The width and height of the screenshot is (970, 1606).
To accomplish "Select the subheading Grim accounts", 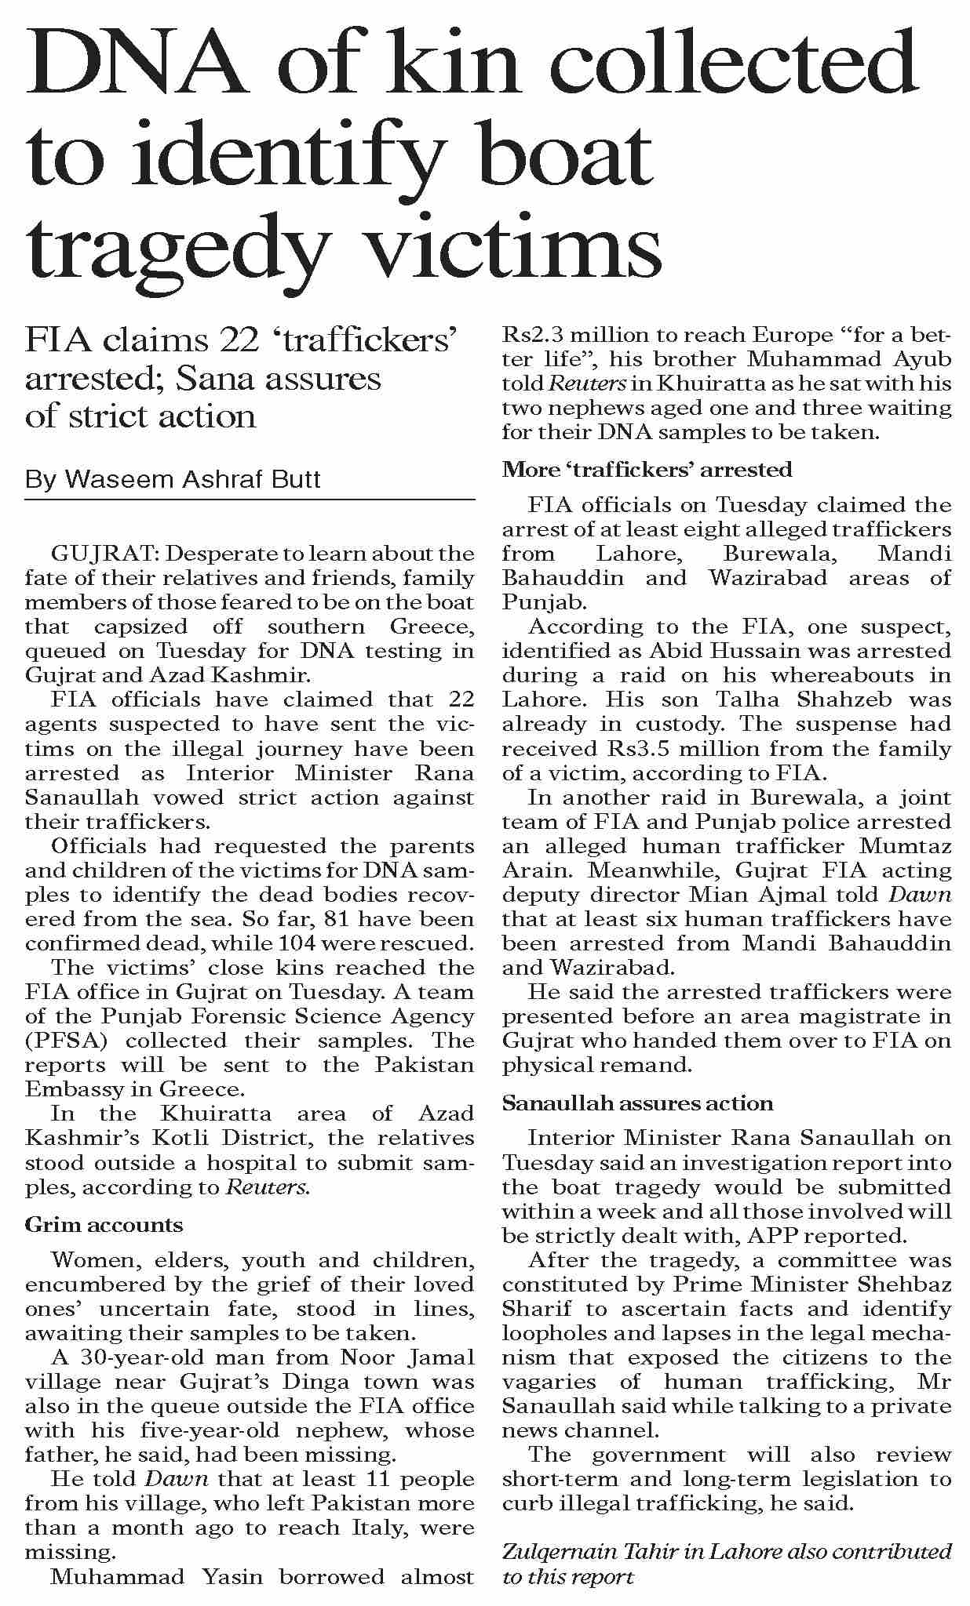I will pyautogui.click(x=104, y=1225).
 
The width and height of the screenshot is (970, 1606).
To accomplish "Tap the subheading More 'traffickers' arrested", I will pyautogui.click(x=647, y=470).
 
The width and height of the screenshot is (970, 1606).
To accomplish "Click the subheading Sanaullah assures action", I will pyautogui.click(x=637, y=1103).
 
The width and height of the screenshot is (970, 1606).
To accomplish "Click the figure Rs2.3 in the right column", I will pyautogui.click(x=531, y=336).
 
